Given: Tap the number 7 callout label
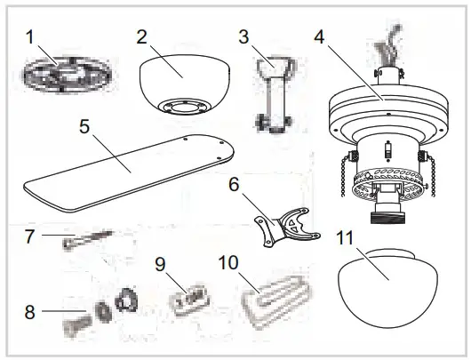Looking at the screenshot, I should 28,237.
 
